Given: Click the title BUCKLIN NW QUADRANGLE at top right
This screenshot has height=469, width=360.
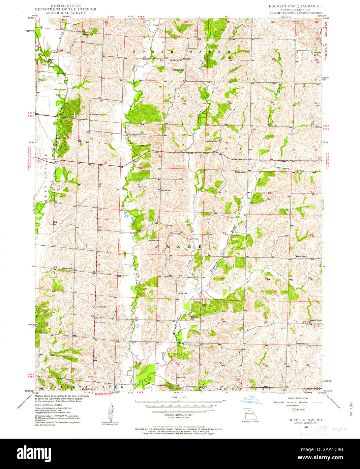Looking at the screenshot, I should [x=295, y=6].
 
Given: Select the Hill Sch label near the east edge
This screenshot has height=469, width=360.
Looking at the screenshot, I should [x=317, y=53].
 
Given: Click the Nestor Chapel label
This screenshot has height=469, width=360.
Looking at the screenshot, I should [x=213, y=141].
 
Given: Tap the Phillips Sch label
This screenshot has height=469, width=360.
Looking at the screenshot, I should [x=241, y=172].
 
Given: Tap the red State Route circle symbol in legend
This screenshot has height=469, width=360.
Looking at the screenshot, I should [x=293, y=409].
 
